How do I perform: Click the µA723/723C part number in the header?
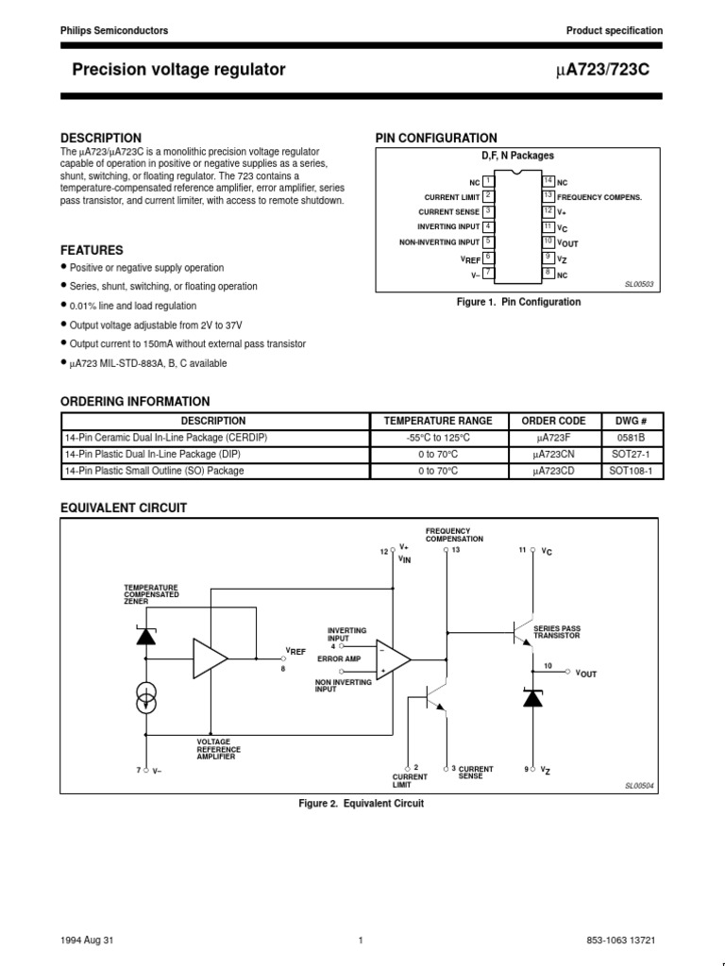pyautogui.click(x=611, y=69)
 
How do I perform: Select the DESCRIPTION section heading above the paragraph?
pyautogui.click(x=101, y=138)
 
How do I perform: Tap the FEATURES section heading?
pyautogui.click(x=92, y=250)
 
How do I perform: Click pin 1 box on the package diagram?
pyautogui.click(x=487, y=181)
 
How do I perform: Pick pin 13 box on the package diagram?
pyautogui.click(x=548, y=196)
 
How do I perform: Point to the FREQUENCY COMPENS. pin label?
pyautogui.click(x=599, y=197)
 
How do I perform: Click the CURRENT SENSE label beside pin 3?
pyautogui.click(x=448, y=212)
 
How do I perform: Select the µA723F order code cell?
pyautogui.click(x=553, y=439)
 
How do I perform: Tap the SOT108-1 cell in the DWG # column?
pyautogui.click(x=632, y=471)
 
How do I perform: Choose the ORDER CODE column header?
pyautogui.click(x=553, y=421)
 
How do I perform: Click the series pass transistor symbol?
pyautogui.click(x=520, y=631)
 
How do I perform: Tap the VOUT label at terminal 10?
pyautogui.click(x=586, y=674)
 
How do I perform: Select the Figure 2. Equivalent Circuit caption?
pyautogui.click(x=362, y=804)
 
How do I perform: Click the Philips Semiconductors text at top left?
pyautogui.click(x=114, y=31)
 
